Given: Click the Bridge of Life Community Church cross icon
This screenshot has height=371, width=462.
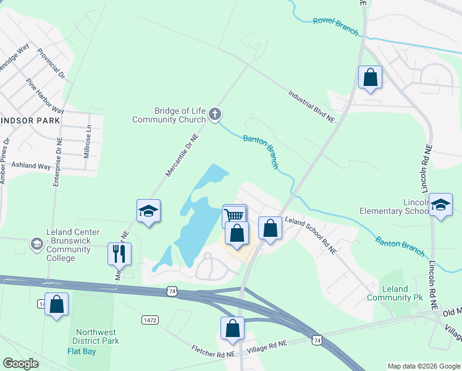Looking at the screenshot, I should [215, 113].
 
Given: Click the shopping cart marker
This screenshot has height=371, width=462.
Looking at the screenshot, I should [234, 215].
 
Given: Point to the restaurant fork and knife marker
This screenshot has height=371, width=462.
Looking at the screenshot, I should [119, 253].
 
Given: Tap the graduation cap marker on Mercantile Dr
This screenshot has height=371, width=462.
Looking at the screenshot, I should [148, 211].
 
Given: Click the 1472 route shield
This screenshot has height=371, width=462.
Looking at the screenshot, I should [149, 320].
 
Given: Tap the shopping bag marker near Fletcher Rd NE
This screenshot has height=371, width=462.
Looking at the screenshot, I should [233, 328].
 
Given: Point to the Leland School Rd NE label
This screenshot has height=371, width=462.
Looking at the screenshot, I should [310, 235].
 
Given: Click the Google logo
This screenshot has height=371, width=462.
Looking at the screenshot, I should [20, 364].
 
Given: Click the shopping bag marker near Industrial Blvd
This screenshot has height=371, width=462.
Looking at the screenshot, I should [370, 78].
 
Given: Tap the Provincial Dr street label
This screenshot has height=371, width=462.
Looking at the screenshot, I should [51, 64].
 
